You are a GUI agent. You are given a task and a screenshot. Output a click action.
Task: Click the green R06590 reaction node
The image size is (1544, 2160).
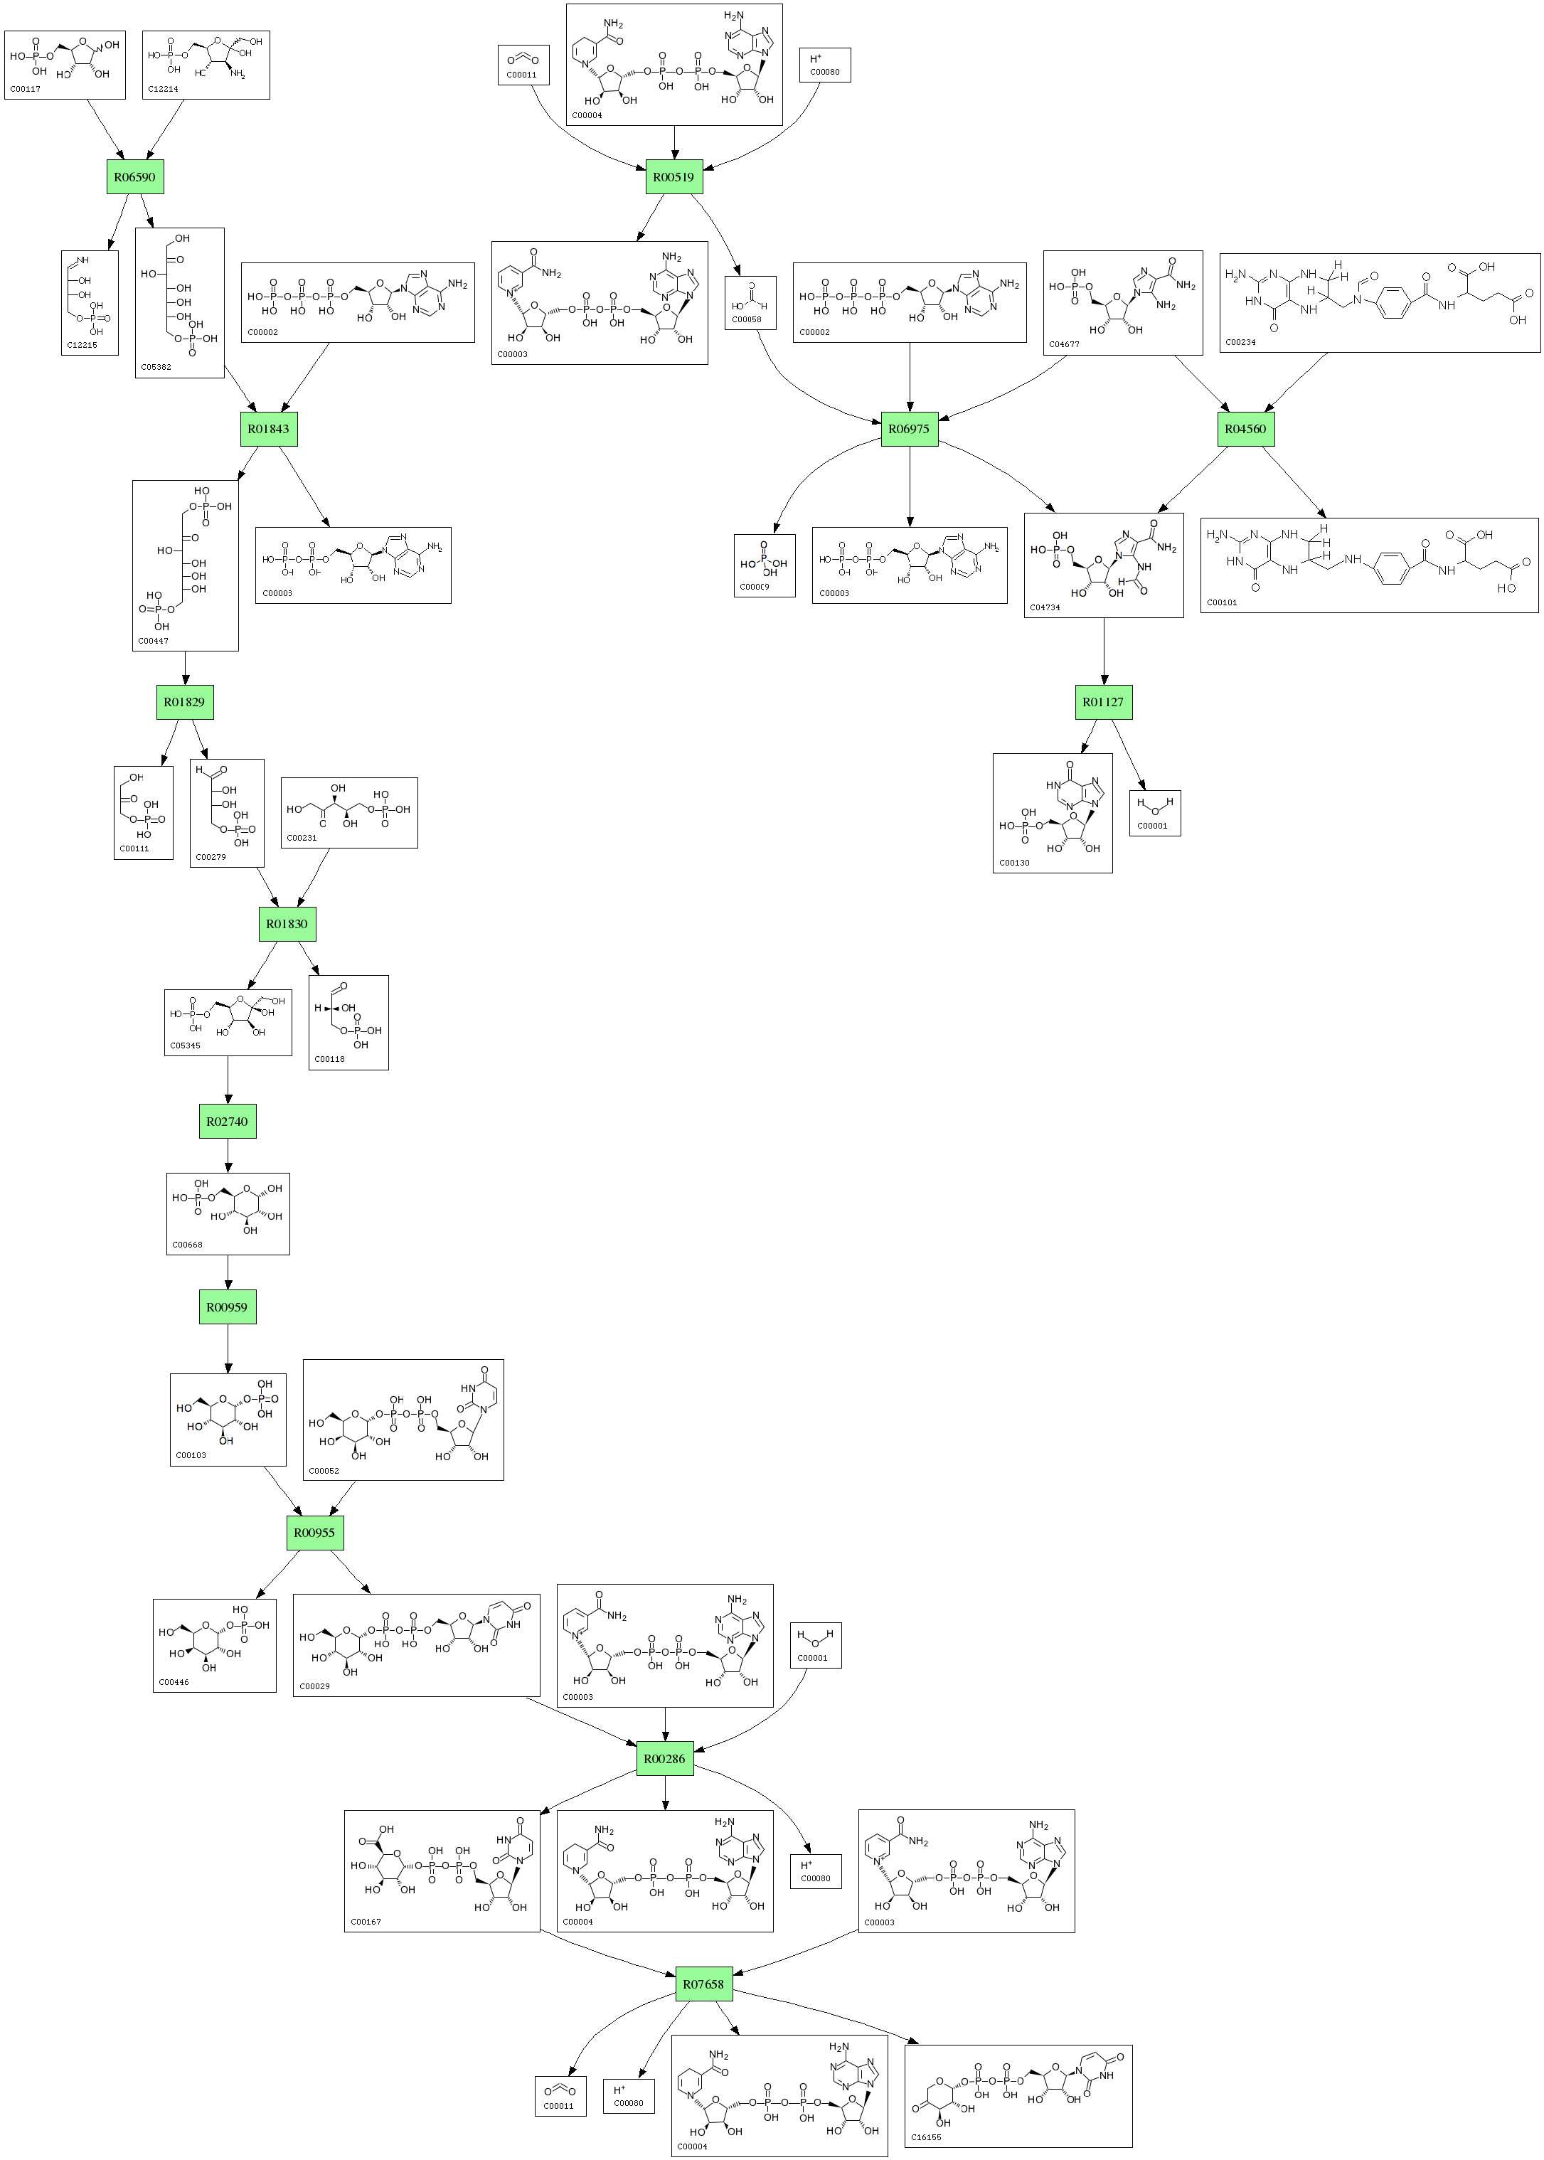click(135, 177)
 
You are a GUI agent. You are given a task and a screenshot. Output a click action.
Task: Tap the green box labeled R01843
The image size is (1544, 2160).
click(268, 429)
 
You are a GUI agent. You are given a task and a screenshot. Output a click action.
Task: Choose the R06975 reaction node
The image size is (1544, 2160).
click(909, 429)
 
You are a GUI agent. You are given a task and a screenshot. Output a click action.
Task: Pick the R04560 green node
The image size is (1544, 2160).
click(1245, 429)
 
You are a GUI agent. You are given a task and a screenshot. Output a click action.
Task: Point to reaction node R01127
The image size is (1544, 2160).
click(1103, 701)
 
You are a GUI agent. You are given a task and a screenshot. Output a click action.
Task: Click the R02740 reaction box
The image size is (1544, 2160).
click(228, 1121)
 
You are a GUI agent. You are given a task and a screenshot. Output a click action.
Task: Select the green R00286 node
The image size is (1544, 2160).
click(664, 1759)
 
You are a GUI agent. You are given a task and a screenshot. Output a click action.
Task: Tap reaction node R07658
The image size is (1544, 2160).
click(703, 1984)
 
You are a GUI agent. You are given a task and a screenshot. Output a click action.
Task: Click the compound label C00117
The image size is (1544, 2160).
click(26, 90)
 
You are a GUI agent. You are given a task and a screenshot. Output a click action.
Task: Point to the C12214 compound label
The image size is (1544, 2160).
click(163, 90)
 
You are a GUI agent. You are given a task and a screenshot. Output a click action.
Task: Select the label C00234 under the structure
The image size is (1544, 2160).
click(1241, 342)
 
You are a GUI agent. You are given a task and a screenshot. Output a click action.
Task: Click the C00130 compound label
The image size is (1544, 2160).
click(1014, 863)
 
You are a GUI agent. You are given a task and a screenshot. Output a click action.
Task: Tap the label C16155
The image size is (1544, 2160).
click(926, 2137)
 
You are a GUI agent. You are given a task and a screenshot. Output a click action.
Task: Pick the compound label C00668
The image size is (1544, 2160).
click(187, 1245)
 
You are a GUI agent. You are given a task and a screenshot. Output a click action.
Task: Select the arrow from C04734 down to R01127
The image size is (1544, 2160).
click(1104, 651)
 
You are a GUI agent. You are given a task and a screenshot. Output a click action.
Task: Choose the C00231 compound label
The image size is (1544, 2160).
click(302, 839)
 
